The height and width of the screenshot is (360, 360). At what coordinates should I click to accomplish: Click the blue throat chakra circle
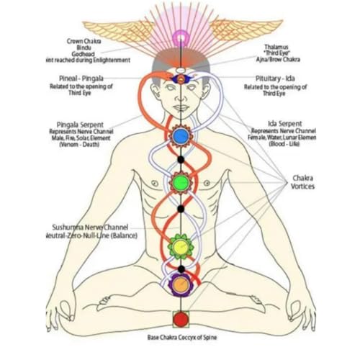point(180,134)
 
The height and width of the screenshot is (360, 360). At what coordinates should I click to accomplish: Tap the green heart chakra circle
point(180,183)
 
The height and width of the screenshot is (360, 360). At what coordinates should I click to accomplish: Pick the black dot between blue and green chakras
point(180,159)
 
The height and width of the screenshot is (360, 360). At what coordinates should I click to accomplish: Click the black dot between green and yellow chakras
point(180,209)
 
